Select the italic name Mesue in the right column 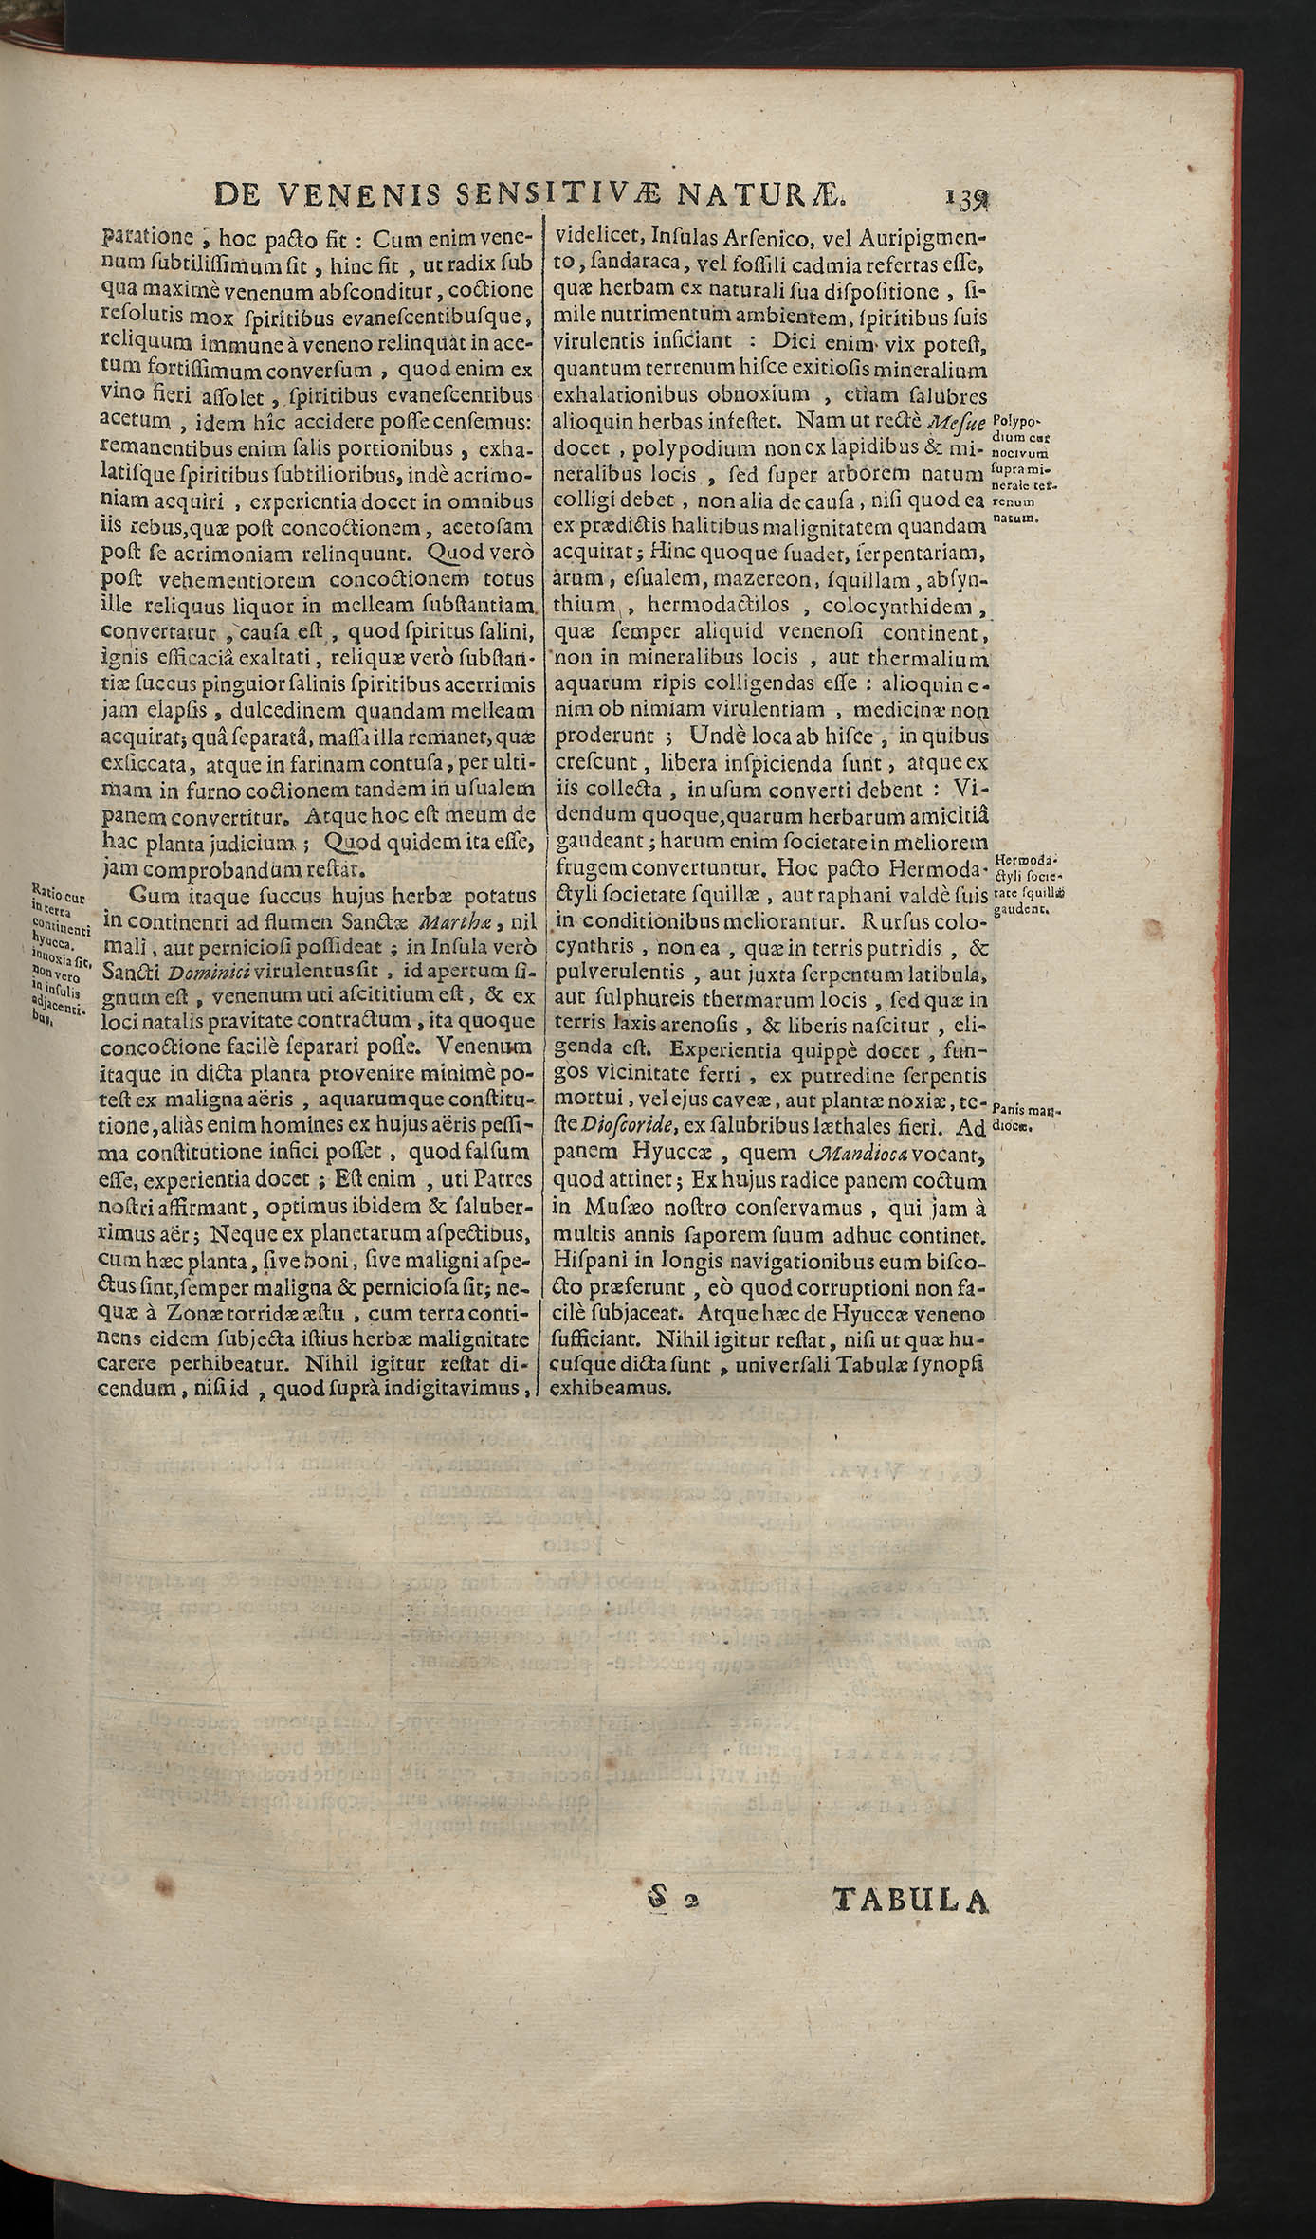point(957,421)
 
